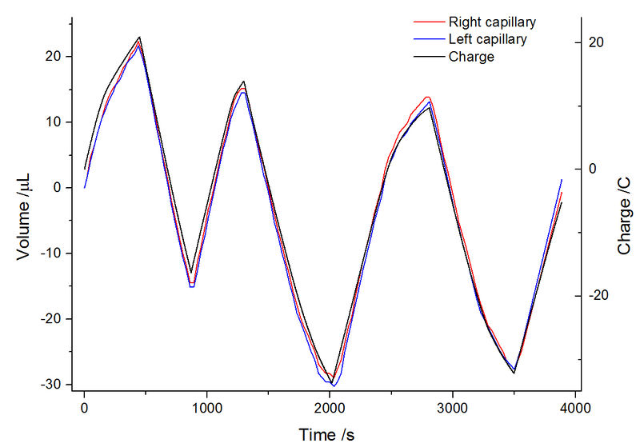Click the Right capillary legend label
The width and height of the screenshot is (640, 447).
point(492,22)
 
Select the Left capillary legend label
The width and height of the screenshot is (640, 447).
point(488,39)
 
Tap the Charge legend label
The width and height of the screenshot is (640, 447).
point(471,57)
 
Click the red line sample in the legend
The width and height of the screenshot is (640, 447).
point(428,22)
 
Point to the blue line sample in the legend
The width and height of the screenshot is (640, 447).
point(428,39)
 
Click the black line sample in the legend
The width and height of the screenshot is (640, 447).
point(428,57)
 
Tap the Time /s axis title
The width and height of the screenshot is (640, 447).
point(326,434)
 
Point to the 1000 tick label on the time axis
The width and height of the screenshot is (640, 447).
point(207,408)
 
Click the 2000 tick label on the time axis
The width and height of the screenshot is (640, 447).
point(330,408)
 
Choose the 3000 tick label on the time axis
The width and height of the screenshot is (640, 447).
point(453,408)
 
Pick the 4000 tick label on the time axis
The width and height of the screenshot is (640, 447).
point(575,408)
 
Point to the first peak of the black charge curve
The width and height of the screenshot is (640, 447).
point(140,37)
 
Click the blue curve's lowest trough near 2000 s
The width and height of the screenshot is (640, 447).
point(333,386)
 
